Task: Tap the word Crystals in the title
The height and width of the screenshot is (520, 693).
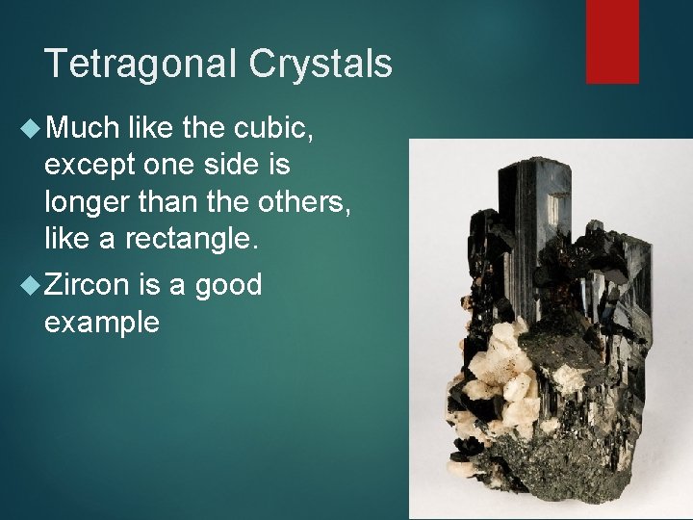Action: click(x=321, y=65)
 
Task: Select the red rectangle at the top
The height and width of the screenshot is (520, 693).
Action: click(x=612, y=41)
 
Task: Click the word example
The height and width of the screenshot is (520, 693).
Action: click(x=101, y=323)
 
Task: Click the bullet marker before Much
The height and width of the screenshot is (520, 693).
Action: click(x=29, y=127)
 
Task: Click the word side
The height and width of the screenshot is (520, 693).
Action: click(x=237, y=165)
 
